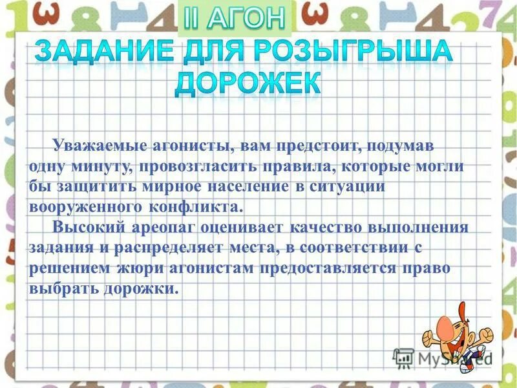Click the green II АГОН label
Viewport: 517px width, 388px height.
coord(234,18)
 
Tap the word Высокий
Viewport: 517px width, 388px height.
coord(85,228)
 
